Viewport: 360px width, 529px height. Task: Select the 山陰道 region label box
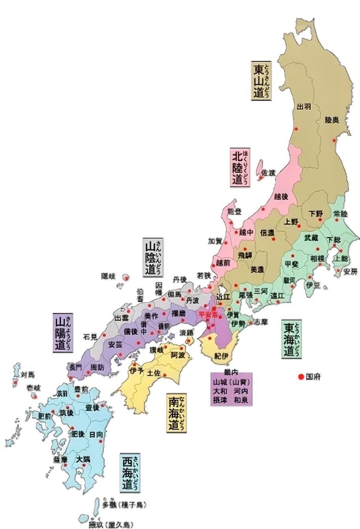click(154, 258)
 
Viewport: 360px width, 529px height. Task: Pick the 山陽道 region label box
click(63, 333)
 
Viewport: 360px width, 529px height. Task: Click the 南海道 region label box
click(176, 413)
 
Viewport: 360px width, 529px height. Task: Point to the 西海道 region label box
click(130, 473)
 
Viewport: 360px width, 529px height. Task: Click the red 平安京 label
click(208, 314)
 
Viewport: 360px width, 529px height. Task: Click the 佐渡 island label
click(269, 172)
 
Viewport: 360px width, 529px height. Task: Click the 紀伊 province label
click(221, 356)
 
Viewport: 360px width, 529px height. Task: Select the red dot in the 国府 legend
click(301, 377)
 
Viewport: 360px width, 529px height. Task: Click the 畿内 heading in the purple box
click(231, 372)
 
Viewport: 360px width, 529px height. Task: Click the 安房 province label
click(350, 272)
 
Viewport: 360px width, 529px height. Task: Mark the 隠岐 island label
click(108, 276)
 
